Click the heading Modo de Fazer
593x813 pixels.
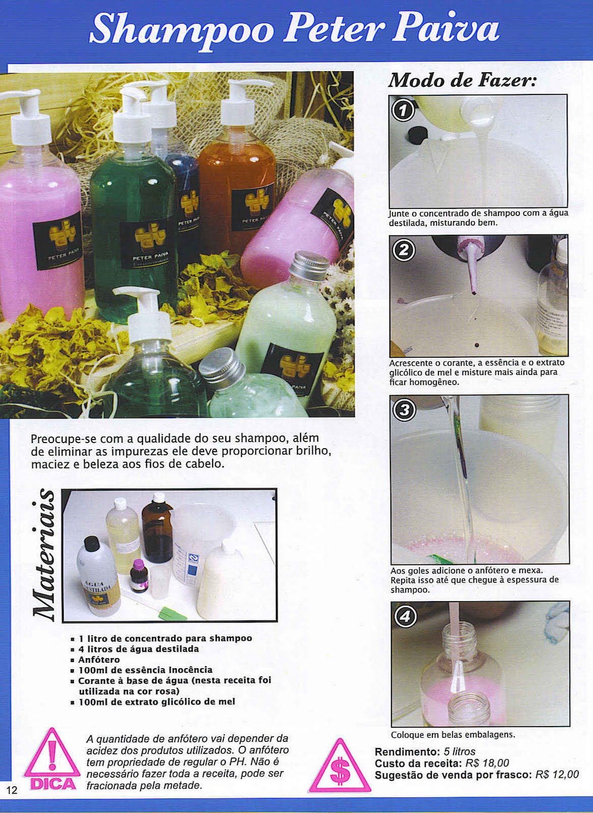pyautogui.click(x=462, y=80)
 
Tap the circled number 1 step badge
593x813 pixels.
pyautogui.click(x=403, y=111)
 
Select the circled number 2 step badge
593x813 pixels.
pyautogui.click(x=404, y=251)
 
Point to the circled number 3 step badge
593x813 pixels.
pyautogui.click(x=405, y=410)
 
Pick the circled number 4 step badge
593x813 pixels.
pyautogui.click(x=405, y=616)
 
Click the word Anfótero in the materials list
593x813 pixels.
pyautogui.click(x=99, y=660)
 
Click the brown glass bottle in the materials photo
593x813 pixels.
pyautogui.click(x=157, y=531)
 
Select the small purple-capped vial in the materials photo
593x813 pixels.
pyautogui.click(x=138, y=575)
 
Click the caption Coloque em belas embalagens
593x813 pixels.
pyautogui.click(x=453, y=735)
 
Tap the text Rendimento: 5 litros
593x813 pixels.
pyautogui.click(x=425, y=752)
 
